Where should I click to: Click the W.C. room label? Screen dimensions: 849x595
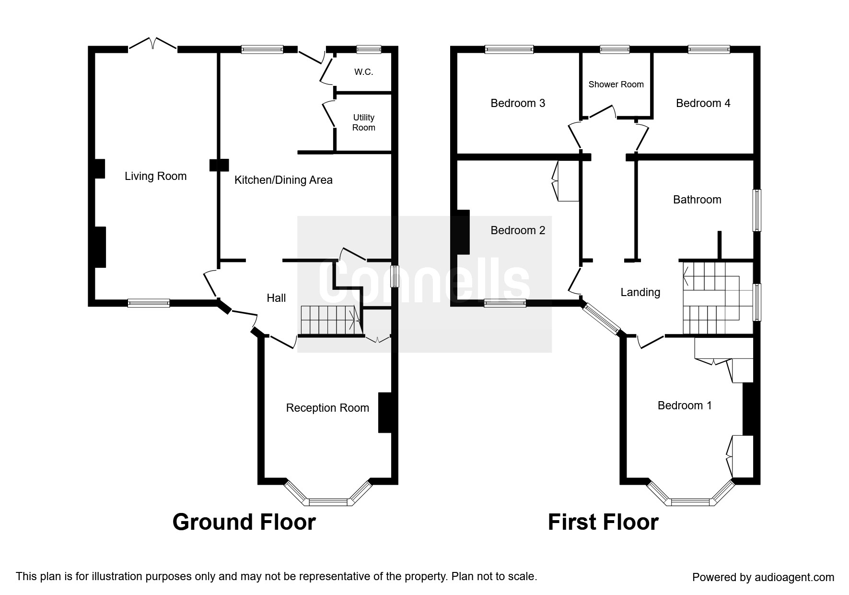363,72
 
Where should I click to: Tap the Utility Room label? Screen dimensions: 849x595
363,122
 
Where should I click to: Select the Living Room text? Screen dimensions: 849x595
155,176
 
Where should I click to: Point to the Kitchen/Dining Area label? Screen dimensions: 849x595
283,180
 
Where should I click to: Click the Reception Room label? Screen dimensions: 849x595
327,408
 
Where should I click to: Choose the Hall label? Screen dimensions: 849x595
276,298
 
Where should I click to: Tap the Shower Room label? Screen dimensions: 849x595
616,84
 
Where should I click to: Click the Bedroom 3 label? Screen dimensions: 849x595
518,103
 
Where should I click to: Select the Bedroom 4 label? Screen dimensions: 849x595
703,103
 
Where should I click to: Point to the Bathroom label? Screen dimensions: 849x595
697,200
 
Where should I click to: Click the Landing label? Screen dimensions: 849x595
640,292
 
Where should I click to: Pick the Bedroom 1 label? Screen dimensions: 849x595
684,405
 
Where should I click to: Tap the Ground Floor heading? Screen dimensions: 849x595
244,522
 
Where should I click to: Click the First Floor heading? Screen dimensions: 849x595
603,522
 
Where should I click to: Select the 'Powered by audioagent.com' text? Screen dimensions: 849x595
763,577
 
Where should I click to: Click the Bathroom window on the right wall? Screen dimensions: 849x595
756,210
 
